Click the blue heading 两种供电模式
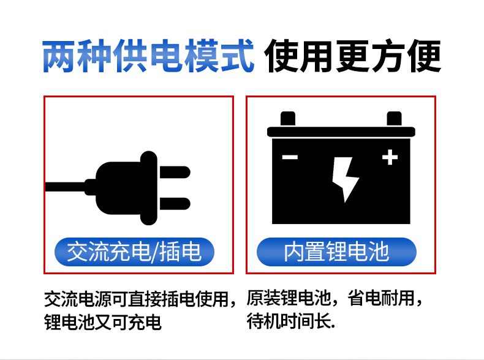[148, 56]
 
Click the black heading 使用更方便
[352, 56]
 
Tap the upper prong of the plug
[175, 172]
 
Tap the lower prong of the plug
[175, 204]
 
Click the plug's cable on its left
[65, 187]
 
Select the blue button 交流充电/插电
[134, 252]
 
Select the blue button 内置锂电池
[336, 252]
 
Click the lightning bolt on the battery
[346, 179]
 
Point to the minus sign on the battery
[290, 157]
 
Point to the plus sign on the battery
[390, 157]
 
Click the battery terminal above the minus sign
[288, 119]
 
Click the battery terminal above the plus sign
[394, 119]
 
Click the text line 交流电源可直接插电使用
[136, 299]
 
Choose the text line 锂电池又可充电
[103, 323]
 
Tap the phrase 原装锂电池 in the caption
[289, 298]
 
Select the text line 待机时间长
[291, 321]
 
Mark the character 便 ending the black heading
[424, 56]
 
